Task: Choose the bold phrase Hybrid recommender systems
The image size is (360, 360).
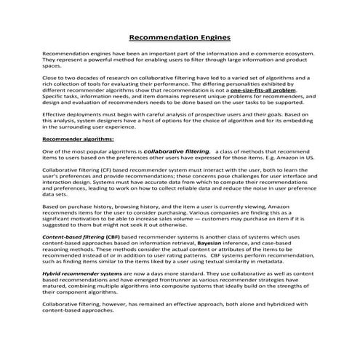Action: [82, 273]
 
